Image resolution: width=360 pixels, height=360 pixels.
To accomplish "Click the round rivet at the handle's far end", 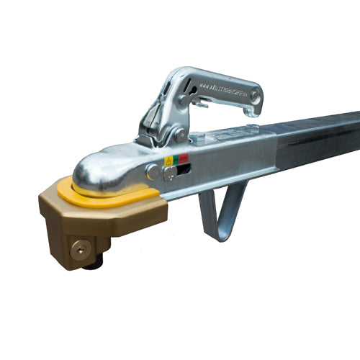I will click(255, 96).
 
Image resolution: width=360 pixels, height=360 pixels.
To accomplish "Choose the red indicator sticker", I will click(184, 158).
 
